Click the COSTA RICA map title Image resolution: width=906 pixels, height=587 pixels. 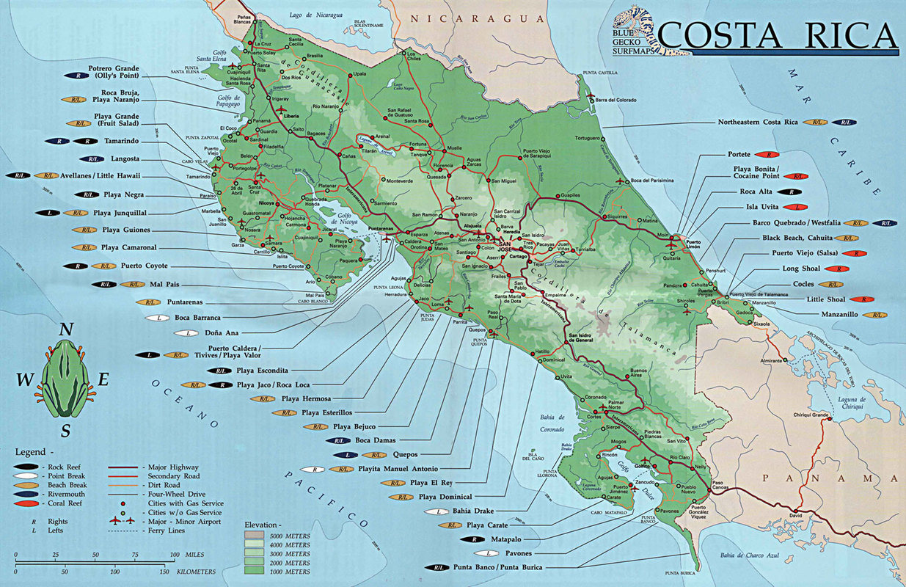tap(777, 35)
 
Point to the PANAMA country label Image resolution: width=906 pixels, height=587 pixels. tap(829, 478)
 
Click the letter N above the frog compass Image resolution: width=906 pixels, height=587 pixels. tap(66, 329)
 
